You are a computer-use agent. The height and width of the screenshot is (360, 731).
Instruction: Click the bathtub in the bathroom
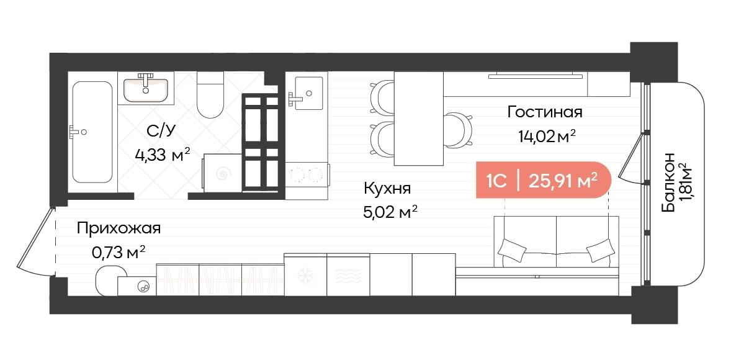click(x=92, y=132)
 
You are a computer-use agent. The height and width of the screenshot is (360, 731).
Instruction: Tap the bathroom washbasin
click(x=146, y=88)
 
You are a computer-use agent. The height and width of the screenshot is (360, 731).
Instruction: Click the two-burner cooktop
click(x=306, y=173)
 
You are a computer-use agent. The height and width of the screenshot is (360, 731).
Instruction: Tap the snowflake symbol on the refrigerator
click(x=305, y=274)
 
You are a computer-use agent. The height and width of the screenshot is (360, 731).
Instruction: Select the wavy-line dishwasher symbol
click(x=348, y=274)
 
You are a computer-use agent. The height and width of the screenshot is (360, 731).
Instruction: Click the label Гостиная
click(x=544, y=112)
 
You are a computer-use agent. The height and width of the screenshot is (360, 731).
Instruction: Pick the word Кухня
click(x=387, y=189)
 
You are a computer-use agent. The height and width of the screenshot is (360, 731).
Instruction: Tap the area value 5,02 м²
click(x=390, y=213)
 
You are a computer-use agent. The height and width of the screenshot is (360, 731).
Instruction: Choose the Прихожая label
click(x=119, y=228)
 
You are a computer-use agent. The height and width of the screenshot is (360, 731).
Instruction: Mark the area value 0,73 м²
click(x=118, y=251)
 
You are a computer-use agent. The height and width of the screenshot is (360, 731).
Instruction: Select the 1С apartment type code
click(x=495, y=181)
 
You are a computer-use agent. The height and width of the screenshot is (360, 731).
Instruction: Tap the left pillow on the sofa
click(x=513, y=250)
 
